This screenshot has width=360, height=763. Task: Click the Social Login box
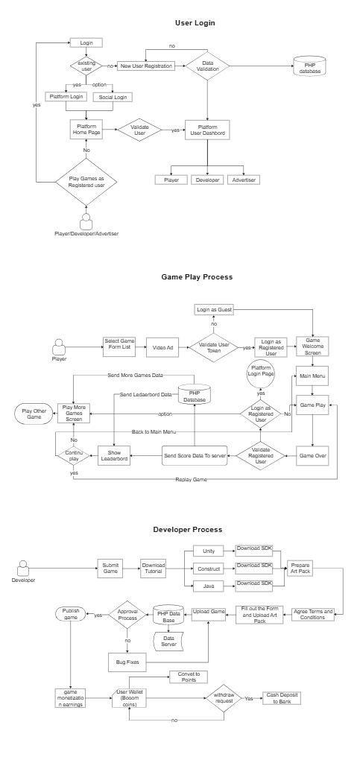click(113, 97)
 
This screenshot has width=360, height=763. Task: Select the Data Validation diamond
click(208, 66)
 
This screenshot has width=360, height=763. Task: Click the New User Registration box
click(146, 66)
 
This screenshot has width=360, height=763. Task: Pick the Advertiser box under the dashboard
click(243, 180)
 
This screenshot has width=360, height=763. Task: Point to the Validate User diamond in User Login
click(139, 130)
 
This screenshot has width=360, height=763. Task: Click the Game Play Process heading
click(197, 277)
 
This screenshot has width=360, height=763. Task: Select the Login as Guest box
click(214, 309)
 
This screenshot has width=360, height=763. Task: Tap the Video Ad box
click(160, 347)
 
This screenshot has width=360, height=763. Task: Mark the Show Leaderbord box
click(114, 455)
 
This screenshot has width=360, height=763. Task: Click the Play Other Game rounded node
click(34, 414)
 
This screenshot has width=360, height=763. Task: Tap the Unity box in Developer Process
click(209, 551)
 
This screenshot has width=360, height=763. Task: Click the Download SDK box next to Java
click(253, 586)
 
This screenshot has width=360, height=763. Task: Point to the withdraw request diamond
click(224, 698)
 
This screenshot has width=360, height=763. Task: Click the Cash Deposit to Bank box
click(281, 698)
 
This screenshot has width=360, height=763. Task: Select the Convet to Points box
click(189, 677)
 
